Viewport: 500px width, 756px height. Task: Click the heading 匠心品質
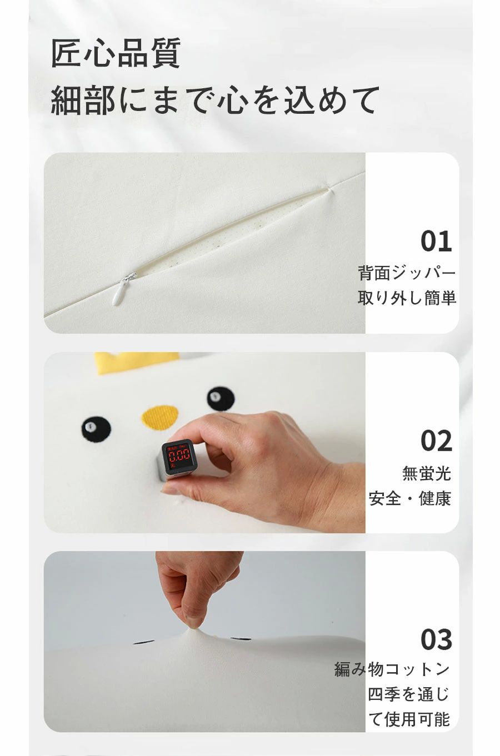tap(116, 53)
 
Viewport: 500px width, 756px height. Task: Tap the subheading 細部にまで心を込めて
tap(215, 100)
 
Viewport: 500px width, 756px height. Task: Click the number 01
tap(436, 241)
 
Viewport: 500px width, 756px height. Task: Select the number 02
tap(436, 441)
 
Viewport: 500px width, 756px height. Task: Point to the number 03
tap(436, 639)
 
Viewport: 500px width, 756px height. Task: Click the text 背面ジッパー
tap(407, 273)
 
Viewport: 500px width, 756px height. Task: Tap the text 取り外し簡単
tap(407, 298)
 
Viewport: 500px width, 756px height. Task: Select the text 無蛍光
tap(427, 473)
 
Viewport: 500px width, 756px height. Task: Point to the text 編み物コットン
tap(392, 669)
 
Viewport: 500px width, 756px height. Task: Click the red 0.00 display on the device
tap(179, 455)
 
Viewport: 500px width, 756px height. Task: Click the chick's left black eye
tap(96, 429)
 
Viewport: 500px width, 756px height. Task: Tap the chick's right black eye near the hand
tap(221, 399)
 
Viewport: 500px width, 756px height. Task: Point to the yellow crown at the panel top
tap(137, 363)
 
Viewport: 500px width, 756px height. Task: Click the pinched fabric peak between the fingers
tap(194, 628)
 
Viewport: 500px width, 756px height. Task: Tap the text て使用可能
tap(409, 719)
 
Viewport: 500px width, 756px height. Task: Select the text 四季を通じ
tap(409, 694)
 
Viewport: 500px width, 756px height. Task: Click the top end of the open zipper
tap(329, 189)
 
